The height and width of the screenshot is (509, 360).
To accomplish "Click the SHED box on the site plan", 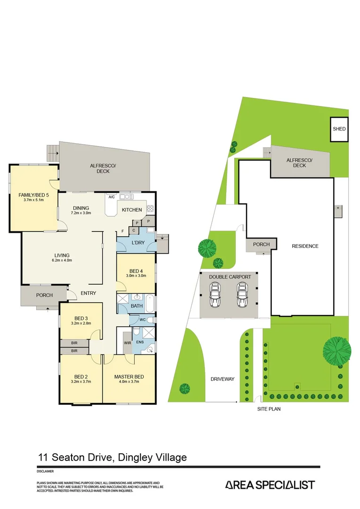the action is pyautogui.click(x=339, y=129).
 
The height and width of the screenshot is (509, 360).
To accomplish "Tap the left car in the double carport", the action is pyautogui.click(x=215, y=295).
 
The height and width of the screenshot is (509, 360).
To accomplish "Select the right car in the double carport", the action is pyautogui.click(x=242, y=295).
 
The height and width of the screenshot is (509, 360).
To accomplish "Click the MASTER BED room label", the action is pyautogui.click(x=129, y=377).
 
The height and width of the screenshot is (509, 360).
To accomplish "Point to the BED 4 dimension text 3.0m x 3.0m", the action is pyautogui.click(x=136, y=276).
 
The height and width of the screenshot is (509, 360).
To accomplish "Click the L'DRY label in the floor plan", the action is pyautogui.click(x=138, y=243).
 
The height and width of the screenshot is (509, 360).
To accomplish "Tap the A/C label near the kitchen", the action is pyautogui.click(x=112, y=197).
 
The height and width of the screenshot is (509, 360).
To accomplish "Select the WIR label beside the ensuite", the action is pyautogui.click(x=128, y=343).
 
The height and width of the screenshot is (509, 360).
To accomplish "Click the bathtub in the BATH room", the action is pyautogui.click(x=150, y=304).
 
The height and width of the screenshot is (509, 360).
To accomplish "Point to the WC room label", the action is pyautogui.click(x=142, y=320).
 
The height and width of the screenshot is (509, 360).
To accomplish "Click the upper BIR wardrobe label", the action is pyautogui.click(x=74, y=343).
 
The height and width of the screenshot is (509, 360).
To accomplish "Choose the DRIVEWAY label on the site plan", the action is pyautogui.click(x=222, y=379).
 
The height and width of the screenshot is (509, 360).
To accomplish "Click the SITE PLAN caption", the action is pyautogui.click(x=269, y=409).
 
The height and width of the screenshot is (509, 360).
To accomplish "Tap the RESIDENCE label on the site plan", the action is pyautogui.click(x=305, y=246).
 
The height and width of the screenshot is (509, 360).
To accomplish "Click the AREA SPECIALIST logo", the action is pyautogui.click(x=270, y=485).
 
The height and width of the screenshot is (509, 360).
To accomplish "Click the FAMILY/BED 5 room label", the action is pyautogui.click(x=34, y=195).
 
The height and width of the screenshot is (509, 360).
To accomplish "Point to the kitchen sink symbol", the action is pyautogui.click(x=127, y=197).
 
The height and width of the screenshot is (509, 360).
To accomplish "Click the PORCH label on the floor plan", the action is pyautogui.click(x=44, y=295).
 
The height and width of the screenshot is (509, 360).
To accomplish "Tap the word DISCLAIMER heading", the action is pyautogui.click(x=45, y=471).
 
